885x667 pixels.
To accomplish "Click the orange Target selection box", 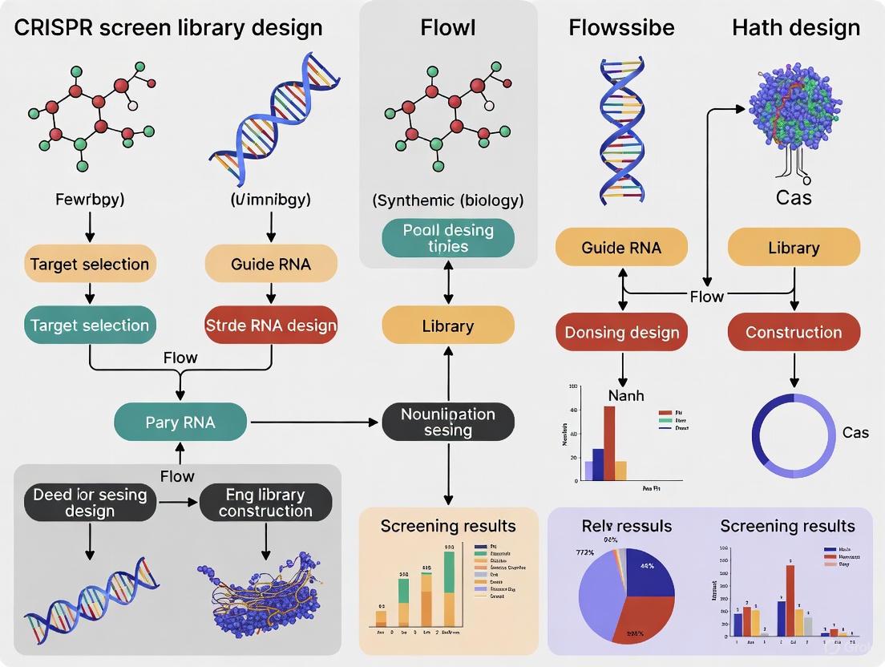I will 89,264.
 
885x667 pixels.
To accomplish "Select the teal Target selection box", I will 89,325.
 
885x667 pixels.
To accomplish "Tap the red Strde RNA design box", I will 271,325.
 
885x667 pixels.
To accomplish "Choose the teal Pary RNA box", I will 180,421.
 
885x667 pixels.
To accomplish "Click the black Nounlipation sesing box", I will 448,422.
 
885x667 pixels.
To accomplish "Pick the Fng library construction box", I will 265,503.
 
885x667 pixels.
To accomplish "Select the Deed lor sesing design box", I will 90,503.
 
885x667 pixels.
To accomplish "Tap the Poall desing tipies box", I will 448,237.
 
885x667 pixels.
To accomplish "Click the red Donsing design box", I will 622,332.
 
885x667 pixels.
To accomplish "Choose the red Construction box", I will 794,332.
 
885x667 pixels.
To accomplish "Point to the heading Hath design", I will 795,28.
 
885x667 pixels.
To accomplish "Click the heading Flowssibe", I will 621,28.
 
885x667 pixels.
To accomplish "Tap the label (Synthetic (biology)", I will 448,200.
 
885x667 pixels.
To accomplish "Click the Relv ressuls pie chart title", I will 626,526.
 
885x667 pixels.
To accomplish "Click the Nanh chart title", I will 625,395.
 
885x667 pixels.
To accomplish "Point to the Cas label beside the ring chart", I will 855,433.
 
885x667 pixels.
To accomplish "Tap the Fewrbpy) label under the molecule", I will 89,200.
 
